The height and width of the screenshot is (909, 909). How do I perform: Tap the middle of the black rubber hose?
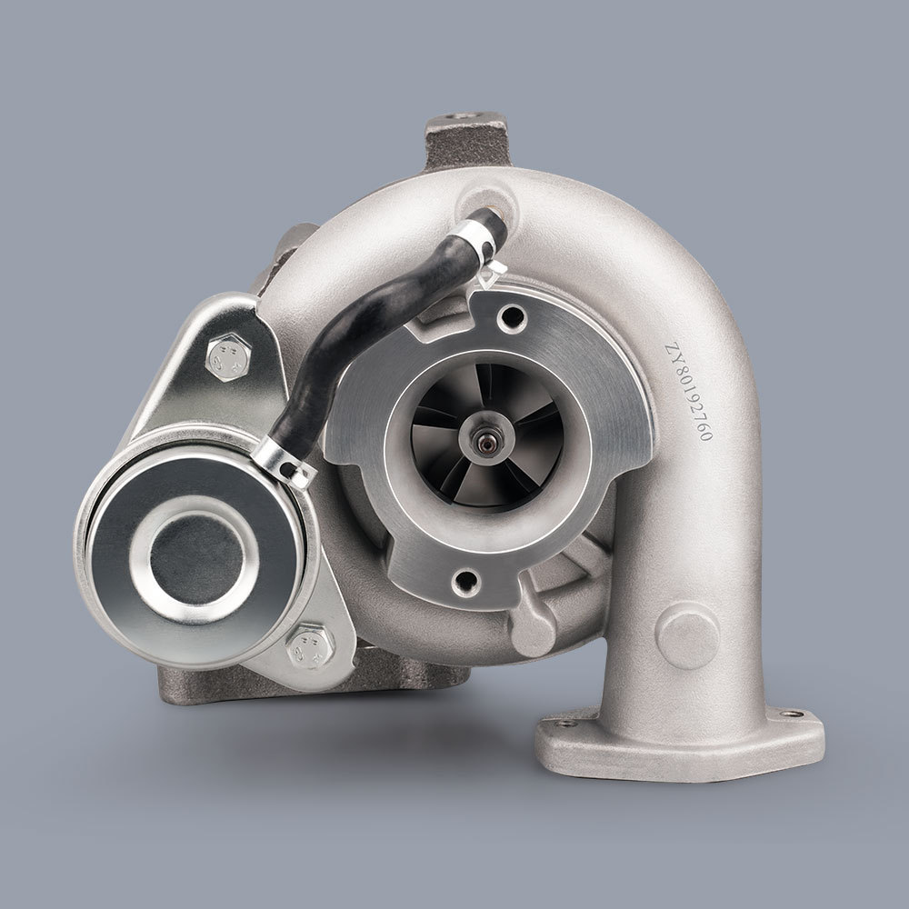[x=364, y=327]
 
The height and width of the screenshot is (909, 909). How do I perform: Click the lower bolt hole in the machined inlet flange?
[x=467, y=578]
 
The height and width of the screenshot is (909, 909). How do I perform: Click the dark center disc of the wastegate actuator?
[x=193, y=552]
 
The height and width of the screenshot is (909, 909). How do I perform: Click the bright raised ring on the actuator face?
[x=193, y=552]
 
